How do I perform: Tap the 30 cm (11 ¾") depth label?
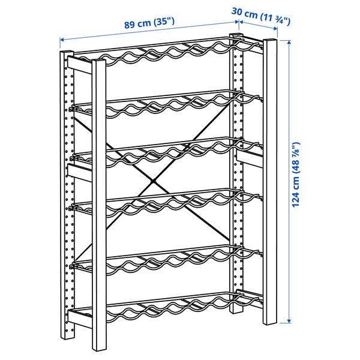pyautogui.click(x=263, y=16)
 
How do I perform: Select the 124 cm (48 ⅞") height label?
pyautogui.click(x=295, y=175)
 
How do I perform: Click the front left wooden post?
pyautogui.click(x=100, y=204)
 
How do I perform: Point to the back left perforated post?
pyautogui.click(x=67, y=180)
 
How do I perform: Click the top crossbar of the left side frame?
pyautogui.click(x=80, y=64)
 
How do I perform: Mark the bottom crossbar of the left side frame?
pyautogui.click(x=80, y=316)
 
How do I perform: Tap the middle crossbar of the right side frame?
pyautogui.click(x=250, y=157)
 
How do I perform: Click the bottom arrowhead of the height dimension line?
pyautogui.click(x=289, y=322)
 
